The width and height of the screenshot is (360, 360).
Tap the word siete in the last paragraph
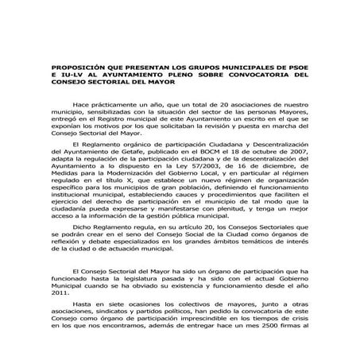click(111, 304)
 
